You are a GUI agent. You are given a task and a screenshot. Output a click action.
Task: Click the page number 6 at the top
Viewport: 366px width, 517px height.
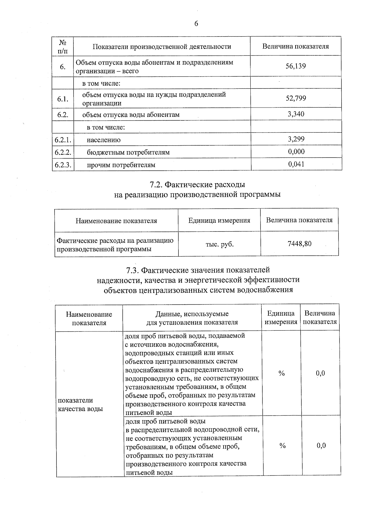196,24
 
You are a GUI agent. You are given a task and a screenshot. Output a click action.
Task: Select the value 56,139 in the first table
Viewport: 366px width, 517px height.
296,66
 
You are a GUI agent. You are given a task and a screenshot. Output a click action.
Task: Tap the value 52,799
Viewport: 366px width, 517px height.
296,98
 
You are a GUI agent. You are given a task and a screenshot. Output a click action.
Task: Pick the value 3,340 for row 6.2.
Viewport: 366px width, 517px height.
296,114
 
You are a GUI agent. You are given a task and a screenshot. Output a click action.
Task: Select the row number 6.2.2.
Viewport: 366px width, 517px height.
63,152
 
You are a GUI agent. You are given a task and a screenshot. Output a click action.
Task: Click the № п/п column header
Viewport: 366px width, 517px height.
63,47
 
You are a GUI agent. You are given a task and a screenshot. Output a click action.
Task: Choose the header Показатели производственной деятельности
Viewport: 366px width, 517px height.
162,47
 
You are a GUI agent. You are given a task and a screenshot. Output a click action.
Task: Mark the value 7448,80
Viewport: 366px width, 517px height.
300,244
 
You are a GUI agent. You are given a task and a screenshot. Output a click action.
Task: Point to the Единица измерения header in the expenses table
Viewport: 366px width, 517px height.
219,220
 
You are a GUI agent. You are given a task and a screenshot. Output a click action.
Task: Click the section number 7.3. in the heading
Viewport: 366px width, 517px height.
133,270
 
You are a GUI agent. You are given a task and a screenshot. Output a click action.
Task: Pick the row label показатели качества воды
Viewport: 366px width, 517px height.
80,404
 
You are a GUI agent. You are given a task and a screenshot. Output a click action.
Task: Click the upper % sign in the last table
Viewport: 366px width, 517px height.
281,373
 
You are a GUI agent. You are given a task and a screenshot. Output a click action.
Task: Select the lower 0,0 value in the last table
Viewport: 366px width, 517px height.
321,445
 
